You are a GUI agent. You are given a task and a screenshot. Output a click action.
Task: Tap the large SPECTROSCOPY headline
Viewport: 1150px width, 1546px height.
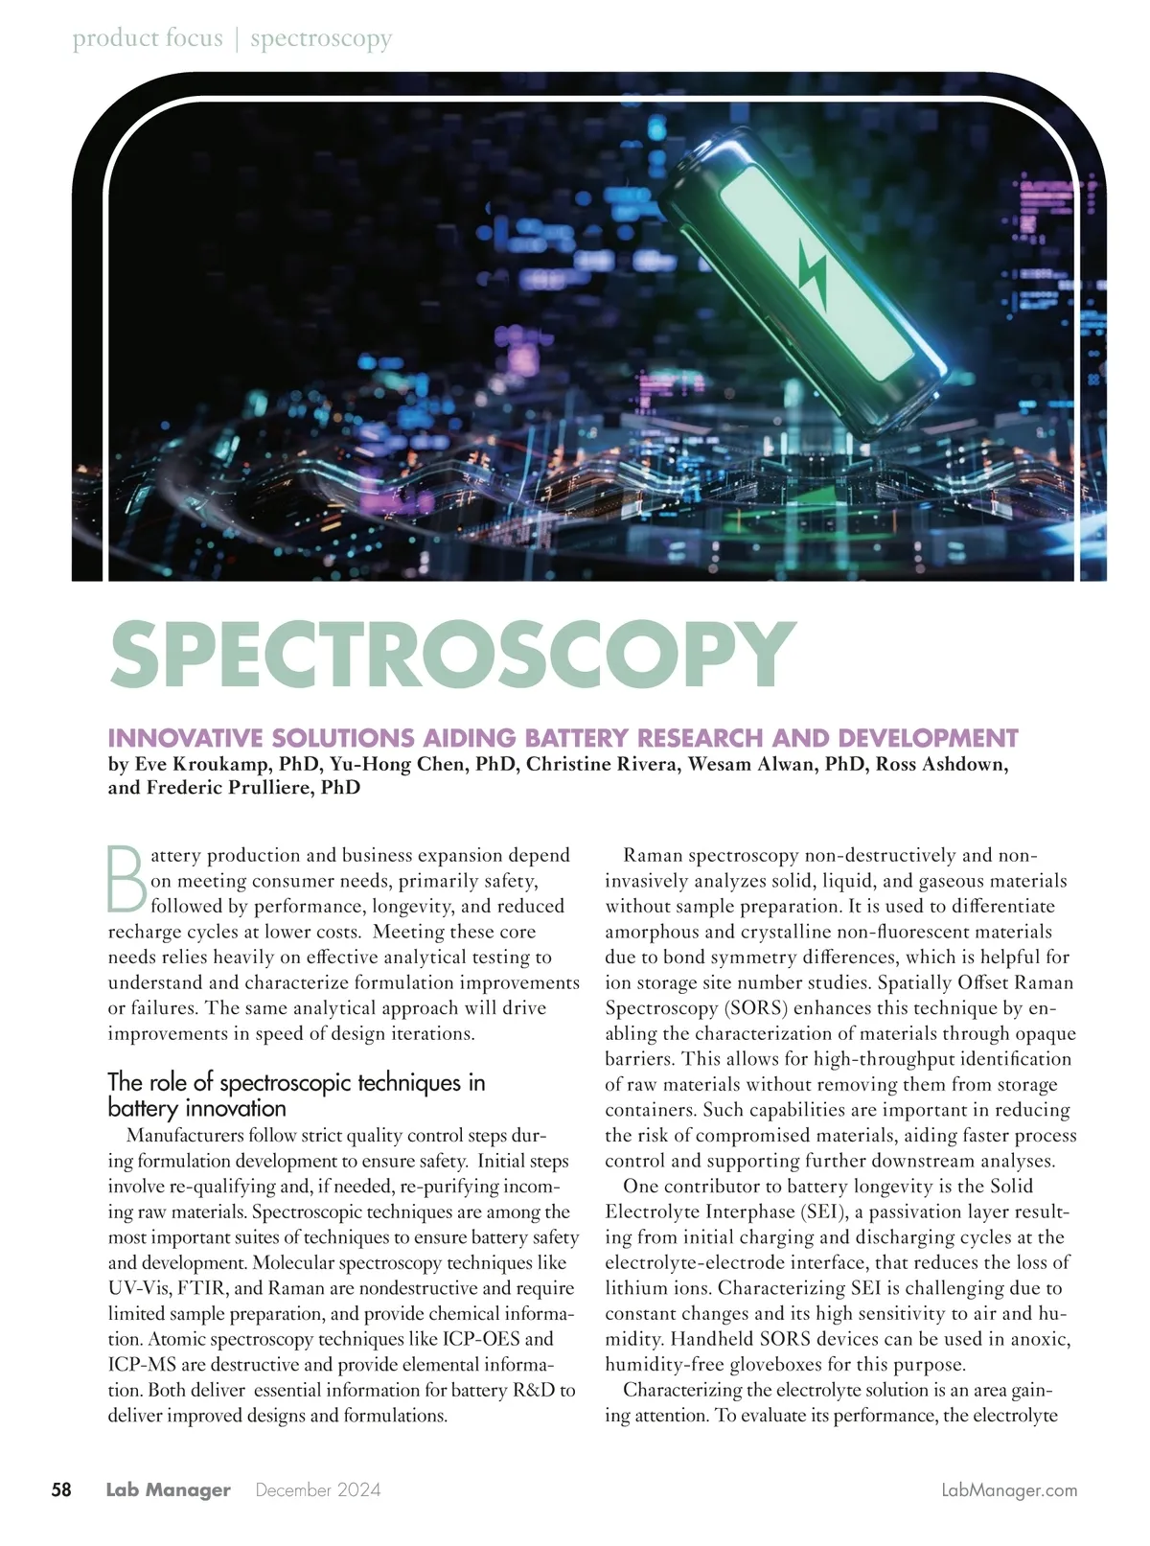452,654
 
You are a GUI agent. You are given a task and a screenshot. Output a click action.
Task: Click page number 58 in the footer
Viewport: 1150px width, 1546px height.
61,1489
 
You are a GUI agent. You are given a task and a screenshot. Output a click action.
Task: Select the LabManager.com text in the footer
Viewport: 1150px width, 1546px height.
1009,1490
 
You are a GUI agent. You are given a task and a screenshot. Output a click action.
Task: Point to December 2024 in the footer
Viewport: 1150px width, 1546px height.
318,1489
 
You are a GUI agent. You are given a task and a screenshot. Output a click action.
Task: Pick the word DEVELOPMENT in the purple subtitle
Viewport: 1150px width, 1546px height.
927,738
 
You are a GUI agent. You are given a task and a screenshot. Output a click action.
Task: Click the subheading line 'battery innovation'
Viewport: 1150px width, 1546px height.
196,1109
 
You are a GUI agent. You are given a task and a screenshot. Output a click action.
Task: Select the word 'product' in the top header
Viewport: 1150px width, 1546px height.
113,38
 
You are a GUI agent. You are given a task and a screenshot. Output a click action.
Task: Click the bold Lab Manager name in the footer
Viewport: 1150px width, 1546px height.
168,1489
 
